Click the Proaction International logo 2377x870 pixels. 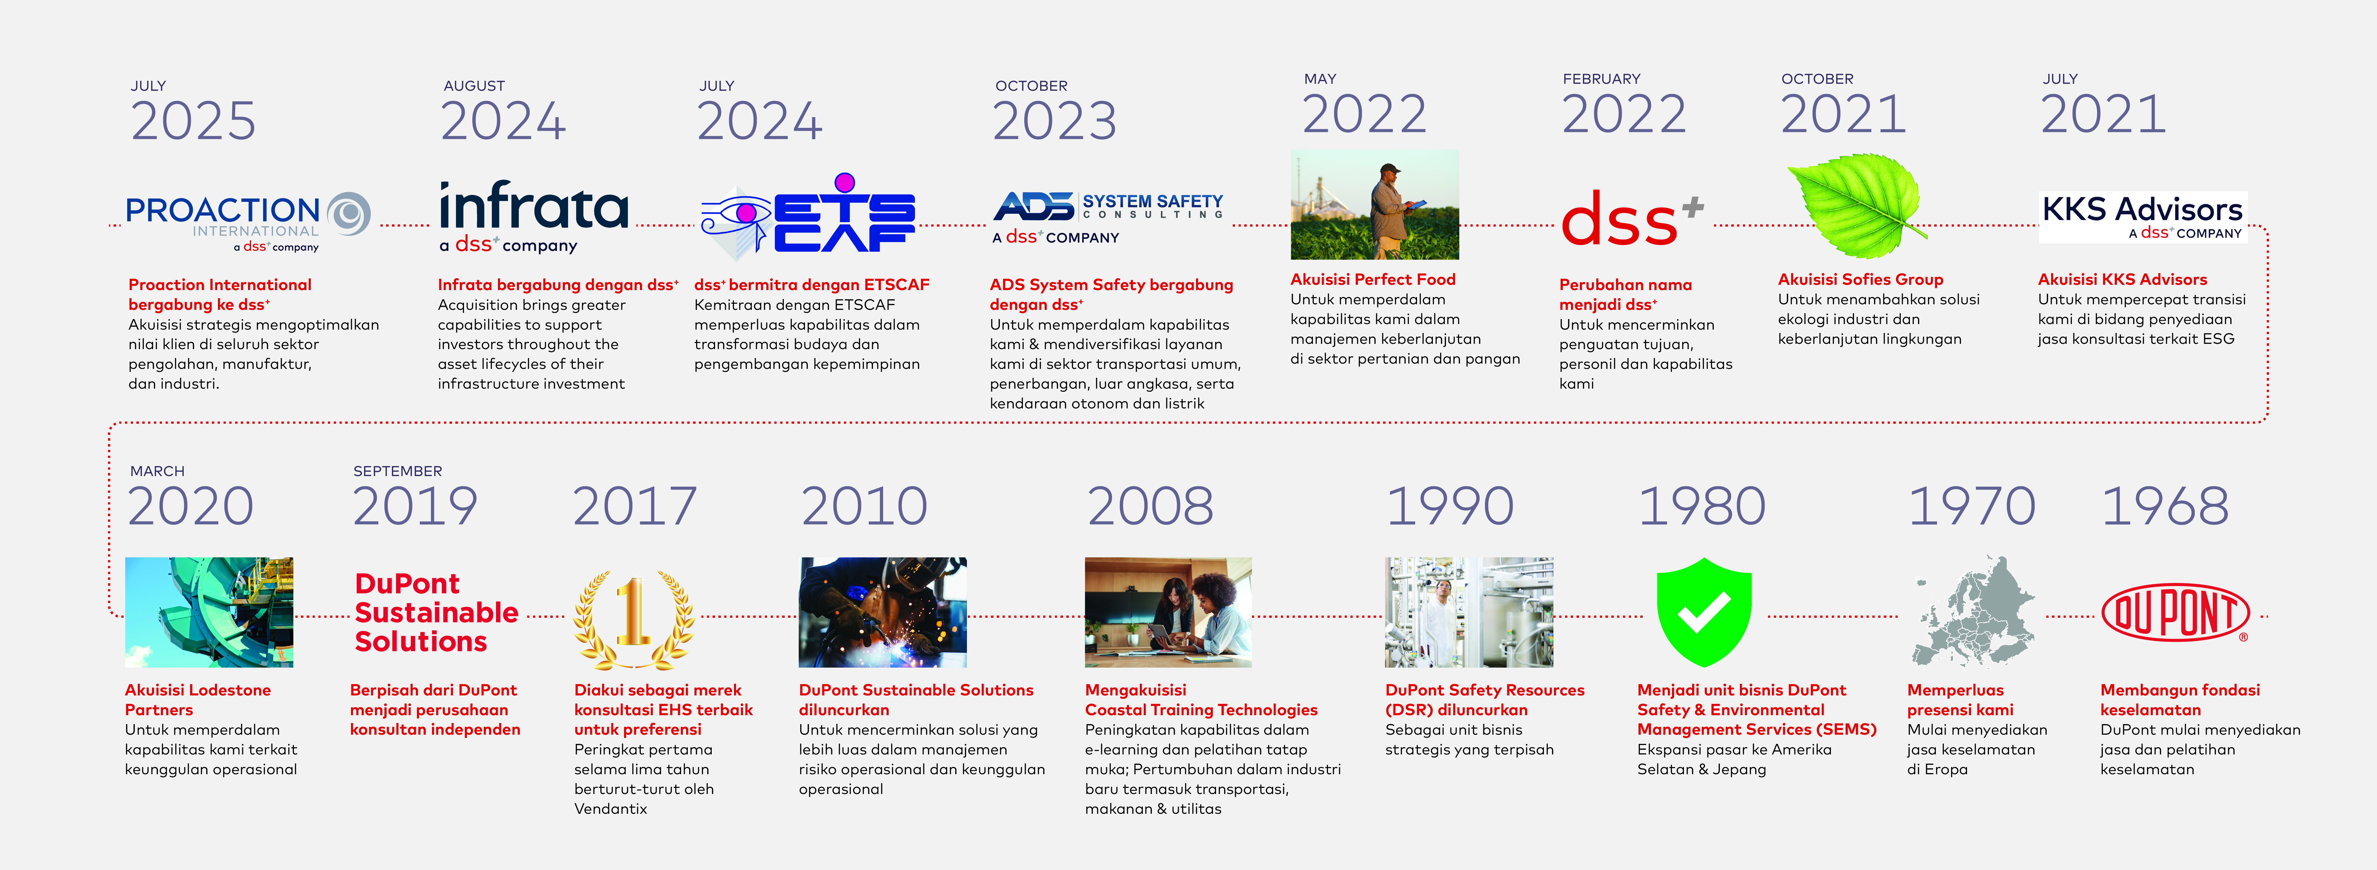(247, 221)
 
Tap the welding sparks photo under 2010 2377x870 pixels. (883, 612)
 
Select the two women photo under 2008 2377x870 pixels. (1168, 612)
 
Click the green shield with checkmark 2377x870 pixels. (1703, 612)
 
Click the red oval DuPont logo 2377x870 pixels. (2175, 612)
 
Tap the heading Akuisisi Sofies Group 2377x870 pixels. (1860, 280)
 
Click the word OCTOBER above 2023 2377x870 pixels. (1031, 86)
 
